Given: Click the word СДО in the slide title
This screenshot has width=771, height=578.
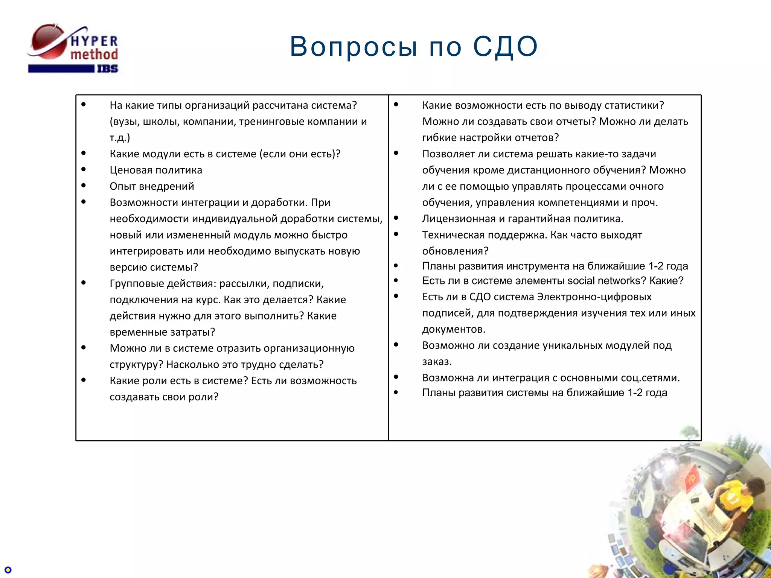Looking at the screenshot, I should (x=505, y=47).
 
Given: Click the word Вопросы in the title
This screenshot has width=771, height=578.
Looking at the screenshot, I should (x=354, y=47).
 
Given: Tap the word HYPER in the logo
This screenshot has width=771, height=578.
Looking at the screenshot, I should (x=94, y=41).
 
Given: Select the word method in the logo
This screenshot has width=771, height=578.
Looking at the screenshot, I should (x=94, y=55).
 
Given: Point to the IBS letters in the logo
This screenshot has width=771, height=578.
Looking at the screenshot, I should (x=108, y=69).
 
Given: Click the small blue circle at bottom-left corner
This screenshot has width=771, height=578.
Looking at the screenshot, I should (x=8, y=570).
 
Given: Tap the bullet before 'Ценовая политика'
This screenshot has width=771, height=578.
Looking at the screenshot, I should (x=84, y=169).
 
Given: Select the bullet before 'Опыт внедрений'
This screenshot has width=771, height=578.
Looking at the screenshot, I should (x=84, y=186).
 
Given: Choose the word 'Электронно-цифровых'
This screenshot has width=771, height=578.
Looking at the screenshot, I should (x=594, y=297).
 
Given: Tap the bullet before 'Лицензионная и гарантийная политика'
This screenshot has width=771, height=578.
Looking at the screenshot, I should (x=396, y=218).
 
